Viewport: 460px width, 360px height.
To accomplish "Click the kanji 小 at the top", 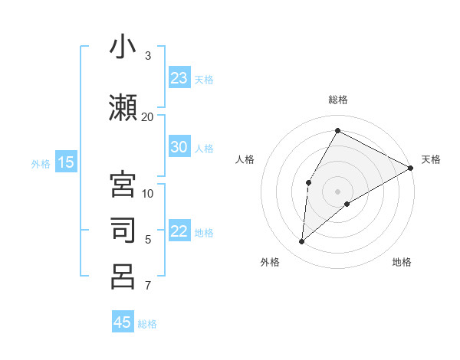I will pyautogui.click(x=123, y=47).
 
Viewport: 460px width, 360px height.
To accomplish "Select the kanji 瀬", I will pyautogui.click(x=123, y=106).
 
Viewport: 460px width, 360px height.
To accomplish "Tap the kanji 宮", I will pyautogui.click(x=123, y=185).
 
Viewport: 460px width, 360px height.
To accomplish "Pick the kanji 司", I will pyautogui.click(x=123, y=231).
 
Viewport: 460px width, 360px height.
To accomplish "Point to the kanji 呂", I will pyautogui.click(x=123, y=276).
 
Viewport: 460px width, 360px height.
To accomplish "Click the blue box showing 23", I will pyautogui.click(x=179, y=78).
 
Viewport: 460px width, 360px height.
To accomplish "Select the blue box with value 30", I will pyautogui.click(x=179, y=147).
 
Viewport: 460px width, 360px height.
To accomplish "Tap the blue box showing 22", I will pyautogui.click(x=179, y=232).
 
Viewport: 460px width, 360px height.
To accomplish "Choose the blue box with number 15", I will pyautogui.click(x=66, y=162).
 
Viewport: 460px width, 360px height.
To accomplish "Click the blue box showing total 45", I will pyautogui.click(x=123, y=322).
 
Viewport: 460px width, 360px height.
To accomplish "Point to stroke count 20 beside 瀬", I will pyautogui.click(x=148, y=116).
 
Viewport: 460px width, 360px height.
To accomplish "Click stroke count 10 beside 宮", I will pyautogui.click(x=148, y=193).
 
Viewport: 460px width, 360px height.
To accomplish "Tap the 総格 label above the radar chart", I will pyautogui.click(x=337, y=100).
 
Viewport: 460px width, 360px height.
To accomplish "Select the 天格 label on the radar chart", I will pyautogui.click(x=431, y=159).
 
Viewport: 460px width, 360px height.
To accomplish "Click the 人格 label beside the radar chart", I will pyautogui.click(x=245, y=159).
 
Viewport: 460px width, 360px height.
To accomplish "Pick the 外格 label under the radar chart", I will pyautogui.click(x=269, y=262).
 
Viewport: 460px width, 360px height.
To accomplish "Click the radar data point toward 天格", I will pyautogui.click(x=411, y=168).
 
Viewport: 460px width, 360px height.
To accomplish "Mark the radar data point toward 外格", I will pyautogui.click(x=302, y=242).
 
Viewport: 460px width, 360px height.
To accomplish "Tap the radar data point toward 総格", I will pyautogui.click(x=337, y=130).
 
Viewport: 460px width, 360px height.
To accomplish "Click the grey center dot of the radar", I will pyautogui.click(x=337, y=191).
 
